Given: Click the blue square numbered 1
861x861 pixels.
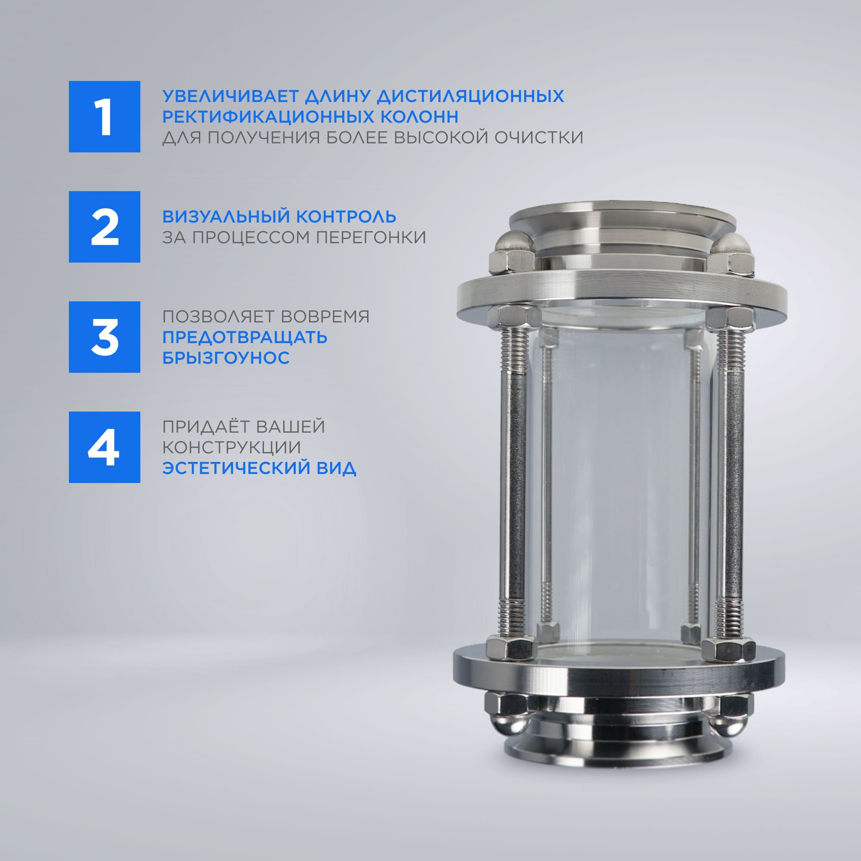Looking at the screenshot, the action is coord(104,117).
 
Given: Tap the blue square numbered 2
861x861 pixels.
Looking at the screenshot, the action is coord(104,227).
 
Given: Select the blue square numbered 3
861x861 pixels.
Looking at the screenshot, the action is coord(104,337).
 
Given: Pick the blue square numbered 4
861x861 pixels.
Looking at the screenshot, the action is coord(104,447).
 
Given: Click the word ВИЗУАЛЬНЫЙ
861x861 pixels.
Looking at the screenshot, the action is coord(226,217).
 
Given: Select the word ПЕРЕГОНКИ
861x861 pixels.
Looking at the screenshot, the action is coord(371,237).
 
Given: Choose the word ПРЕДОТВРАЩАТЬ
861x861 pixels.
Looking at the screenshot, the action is coord(245,338).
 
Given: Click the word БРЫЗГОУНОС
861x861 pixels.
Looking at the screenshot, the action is coord(226,358).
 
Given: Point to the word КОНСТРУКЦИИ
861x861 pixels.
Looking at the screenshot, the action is coord(231,447).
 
